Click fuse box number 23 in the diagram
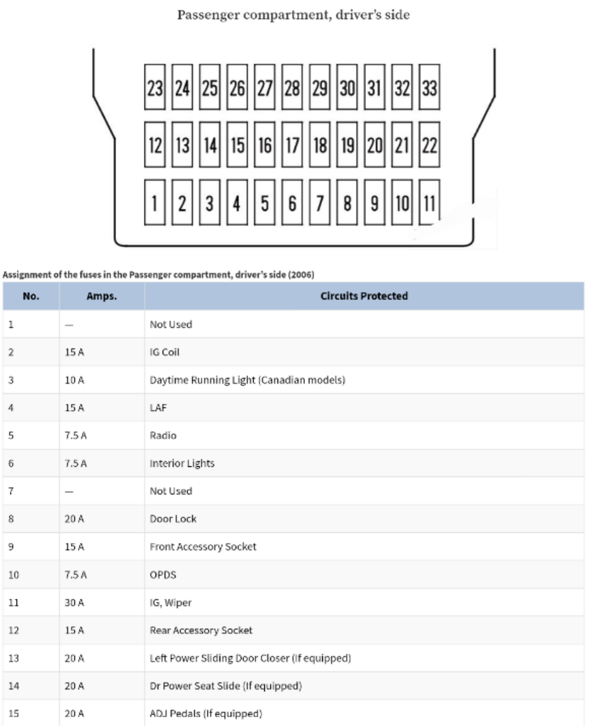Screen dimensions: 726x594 [x=155, y=87]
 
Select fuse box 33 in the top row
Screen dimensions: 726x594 [x=429, y=87]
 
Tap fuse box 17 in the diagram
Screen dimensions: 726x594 [x=292, y=145]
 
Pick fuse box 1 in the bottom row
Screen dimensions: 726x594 [x=155, y=202]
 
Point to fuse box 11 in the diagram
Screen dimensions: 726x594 [x=429, y=202]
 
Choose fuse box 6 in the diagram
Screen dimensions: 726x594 [x=292, y=202]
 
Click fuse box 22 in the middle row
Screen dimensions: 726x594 [x=429, y=145]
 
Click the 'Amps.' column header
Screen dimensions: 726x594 [x=102, y=296]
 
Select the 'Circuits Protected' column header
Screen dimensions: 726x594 [x=364, y=296]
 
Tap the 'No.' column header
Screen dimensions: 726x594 [x=31, y=296]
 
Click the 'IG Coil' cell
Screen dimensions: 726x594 [x=165, y=352]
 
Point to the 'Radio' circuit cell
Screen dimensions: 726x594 [x=163, y=436]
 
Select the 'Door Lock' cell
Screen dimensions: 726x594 [x=173, y=519]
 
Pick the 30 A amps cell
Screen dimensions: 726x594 [x=74, y=603]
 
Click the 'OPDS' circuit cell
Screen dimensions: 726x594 [x=163, y=575]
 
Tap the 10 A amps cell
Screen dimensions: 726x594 [x=74, y=380]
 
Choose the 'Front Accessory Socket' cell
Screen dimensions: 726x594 [x=203, y=547]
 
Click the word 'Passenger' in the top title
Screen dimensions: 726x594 [x=208, y=15]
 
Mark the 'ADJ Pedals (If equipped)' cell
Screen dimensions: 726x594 [x=206, y=714]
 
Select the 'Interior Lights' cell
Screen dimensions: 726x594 [x=182, y=463]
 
